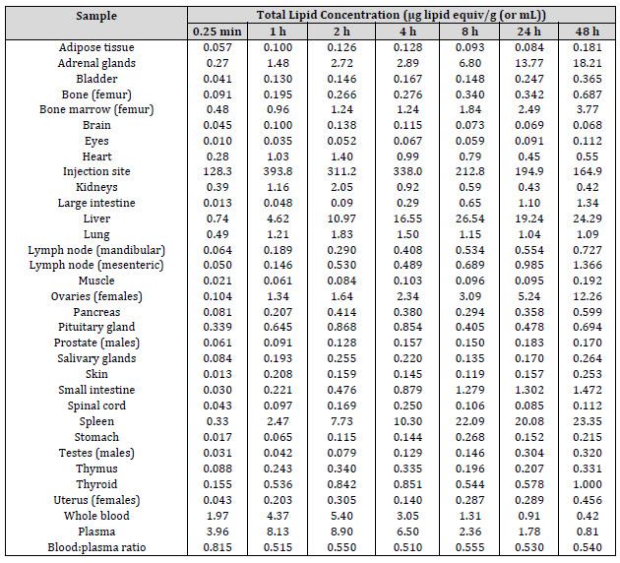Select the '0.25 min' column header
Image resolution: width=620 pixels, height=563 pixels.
pyautogui.click(x=212, y=31)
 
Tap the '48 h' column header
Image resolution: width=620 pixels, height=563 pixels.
pyautogui.click(x=587, y=31)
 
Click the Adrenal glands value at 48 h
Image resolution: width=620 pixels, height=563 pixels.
pyautogui.click(x=587, y=63)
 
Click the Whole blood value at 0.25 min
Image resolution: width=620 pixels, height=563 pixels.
pyautogui.click(x=212, y=515)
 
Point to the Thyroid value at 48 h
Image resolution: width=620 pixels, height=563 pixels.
pyautogui.click(x=587, y=484)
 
